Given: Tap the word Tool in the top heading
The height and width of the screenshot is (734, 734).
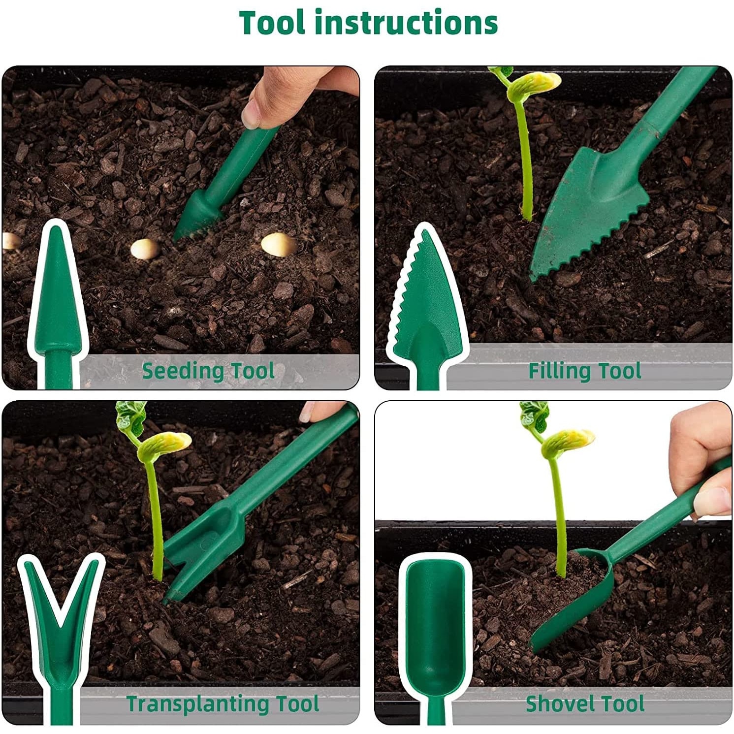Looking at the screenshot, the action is coord(273,23).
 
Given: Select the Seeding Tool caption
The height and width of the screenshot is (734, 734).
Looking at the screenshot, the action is coord(208,371).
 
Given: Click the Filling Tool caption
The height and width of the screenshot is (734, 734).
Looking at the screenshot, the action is coord(585,371).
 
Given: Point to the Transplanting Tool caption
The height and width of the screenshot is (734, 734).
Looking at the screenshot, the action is coord(223,704).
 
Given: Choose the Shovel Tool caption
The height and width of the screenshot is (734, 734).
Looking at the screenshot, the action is coord(585,704).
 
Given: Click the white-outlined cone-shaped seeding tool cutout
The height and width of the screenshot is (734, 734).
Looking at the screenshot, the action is coord(58,305).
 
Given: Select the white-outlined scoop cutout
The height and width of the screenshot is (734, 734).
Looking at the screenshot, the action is coord(435,635).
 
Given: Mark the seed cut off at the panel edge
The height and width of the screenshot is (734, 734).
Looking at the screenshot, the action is coord(11,241).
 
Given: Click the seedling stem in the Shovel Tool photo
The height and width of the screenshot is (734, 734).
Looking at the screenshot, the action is coord(559,517).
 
